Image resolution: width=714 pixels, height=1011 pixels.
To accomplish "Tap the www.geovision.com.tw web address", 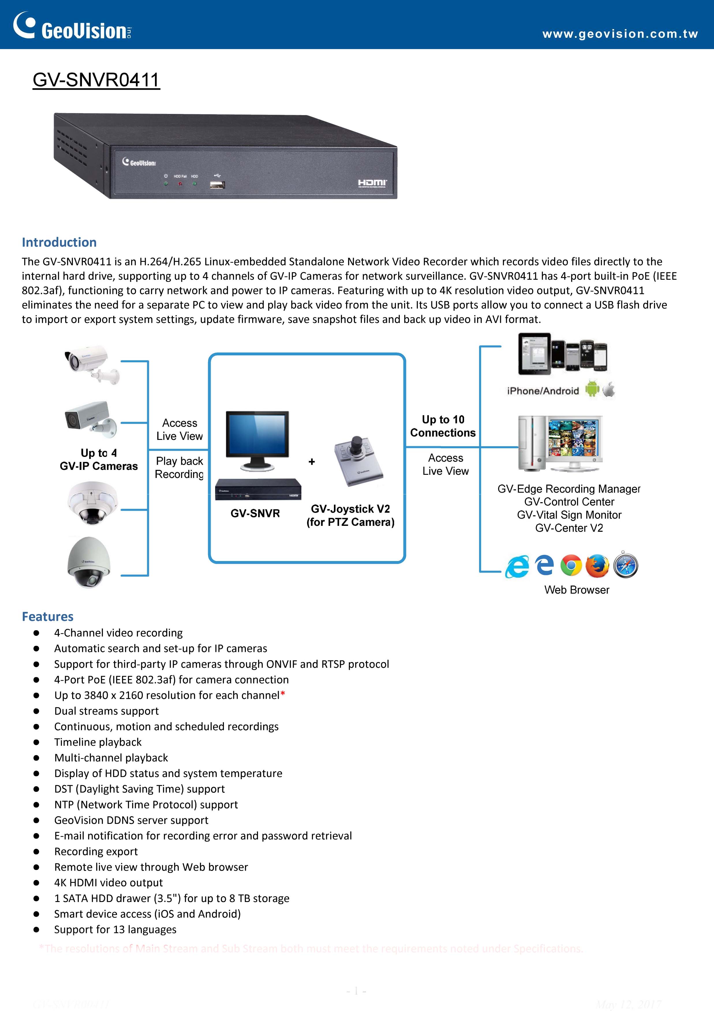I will coord(620,34).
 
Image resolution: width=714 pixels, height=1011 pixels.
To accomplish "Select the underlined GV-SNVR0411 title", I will coord(96,80).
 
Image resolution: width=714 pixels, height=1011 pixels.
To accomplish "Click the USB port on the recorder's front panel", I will coord(217,185).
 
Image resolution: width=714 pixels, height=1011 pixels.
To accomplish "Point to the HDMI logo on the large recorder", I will coord(372,183).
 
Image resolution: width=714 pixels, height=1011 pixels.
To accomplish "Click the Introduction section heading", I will coord(59,242).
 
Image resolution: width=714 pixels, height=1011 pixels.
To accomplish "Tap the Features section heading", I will coord(48,616).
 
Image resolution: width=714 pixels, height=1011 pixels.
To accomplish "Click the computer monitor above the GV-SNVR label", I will coord(257,440).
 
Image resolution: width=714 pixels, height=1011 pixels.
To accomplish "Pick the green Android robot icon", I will coord(592,389).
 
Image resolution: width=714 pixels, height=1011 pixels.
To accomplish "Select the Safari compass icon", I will coord(625,565).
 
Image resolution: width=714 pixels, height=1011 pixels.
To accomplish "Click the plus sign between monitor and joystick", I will coord(311,462).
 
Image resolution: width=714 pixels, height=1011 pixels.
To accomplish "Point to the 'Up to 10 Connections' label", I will coord(443,426).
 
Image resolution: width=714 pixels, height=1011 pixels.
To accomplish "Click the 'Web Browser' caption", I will coord(577,590).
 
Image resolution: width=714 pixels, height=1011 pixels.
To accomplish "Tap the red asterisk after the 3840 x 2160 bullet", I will coord(283,694).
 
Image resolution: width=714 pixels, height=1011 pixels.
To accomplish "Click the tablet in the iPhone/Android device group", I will coord(534,354).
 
